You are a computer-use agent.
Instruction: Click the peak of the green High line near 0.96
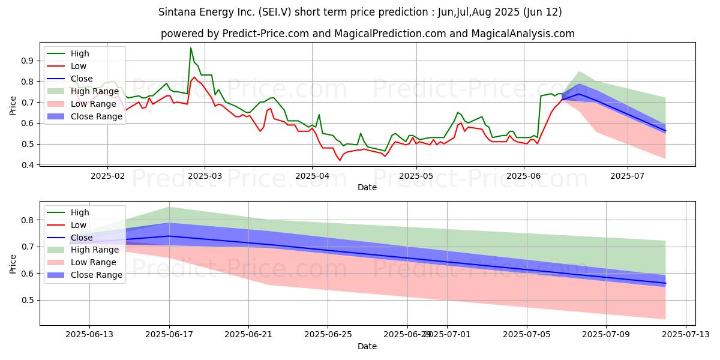click(191, 48)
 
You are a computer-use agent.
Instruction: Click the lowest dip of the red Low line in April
click(340, 160)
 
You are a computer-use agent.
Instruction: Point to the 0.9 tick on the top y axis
click(25, 61)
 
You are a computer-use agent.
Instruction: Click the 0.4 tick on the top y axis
click(25, 165)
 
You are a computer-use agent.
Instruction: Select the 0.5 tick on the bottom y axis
click(25, 300)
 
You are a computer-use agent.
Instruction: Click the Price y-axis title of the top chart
click(13, 105)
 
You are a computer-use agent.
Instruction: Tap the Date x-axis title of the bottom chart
click(367, 346)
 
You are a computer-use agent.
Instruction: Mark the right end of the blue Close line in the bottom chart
click(665, 283)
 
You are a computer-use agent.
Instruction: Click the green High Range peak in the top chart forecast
click(579, 71)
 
